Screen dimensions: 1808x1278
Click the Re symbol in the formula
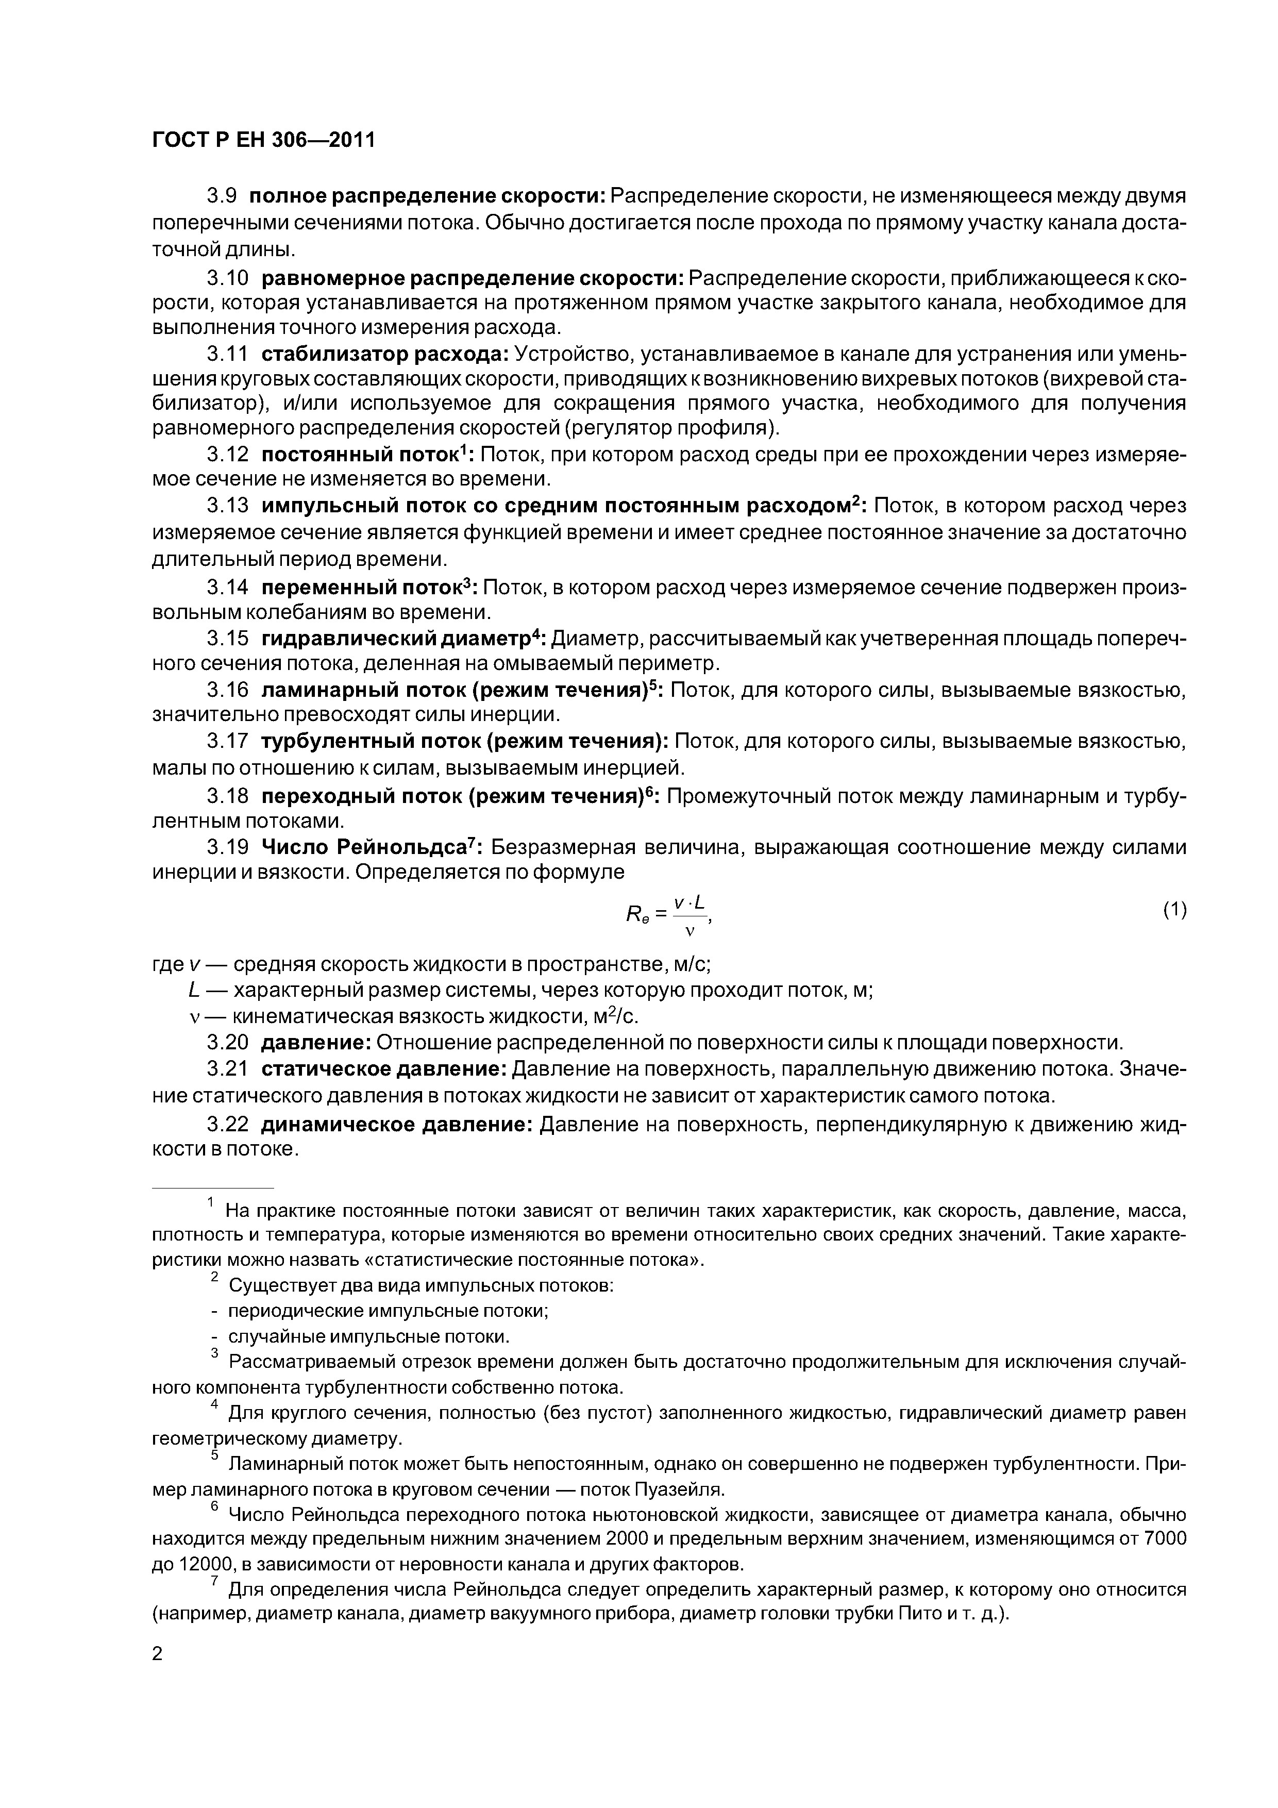(635, 913)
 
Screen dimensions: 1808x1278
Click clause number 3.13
(228, 505)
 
